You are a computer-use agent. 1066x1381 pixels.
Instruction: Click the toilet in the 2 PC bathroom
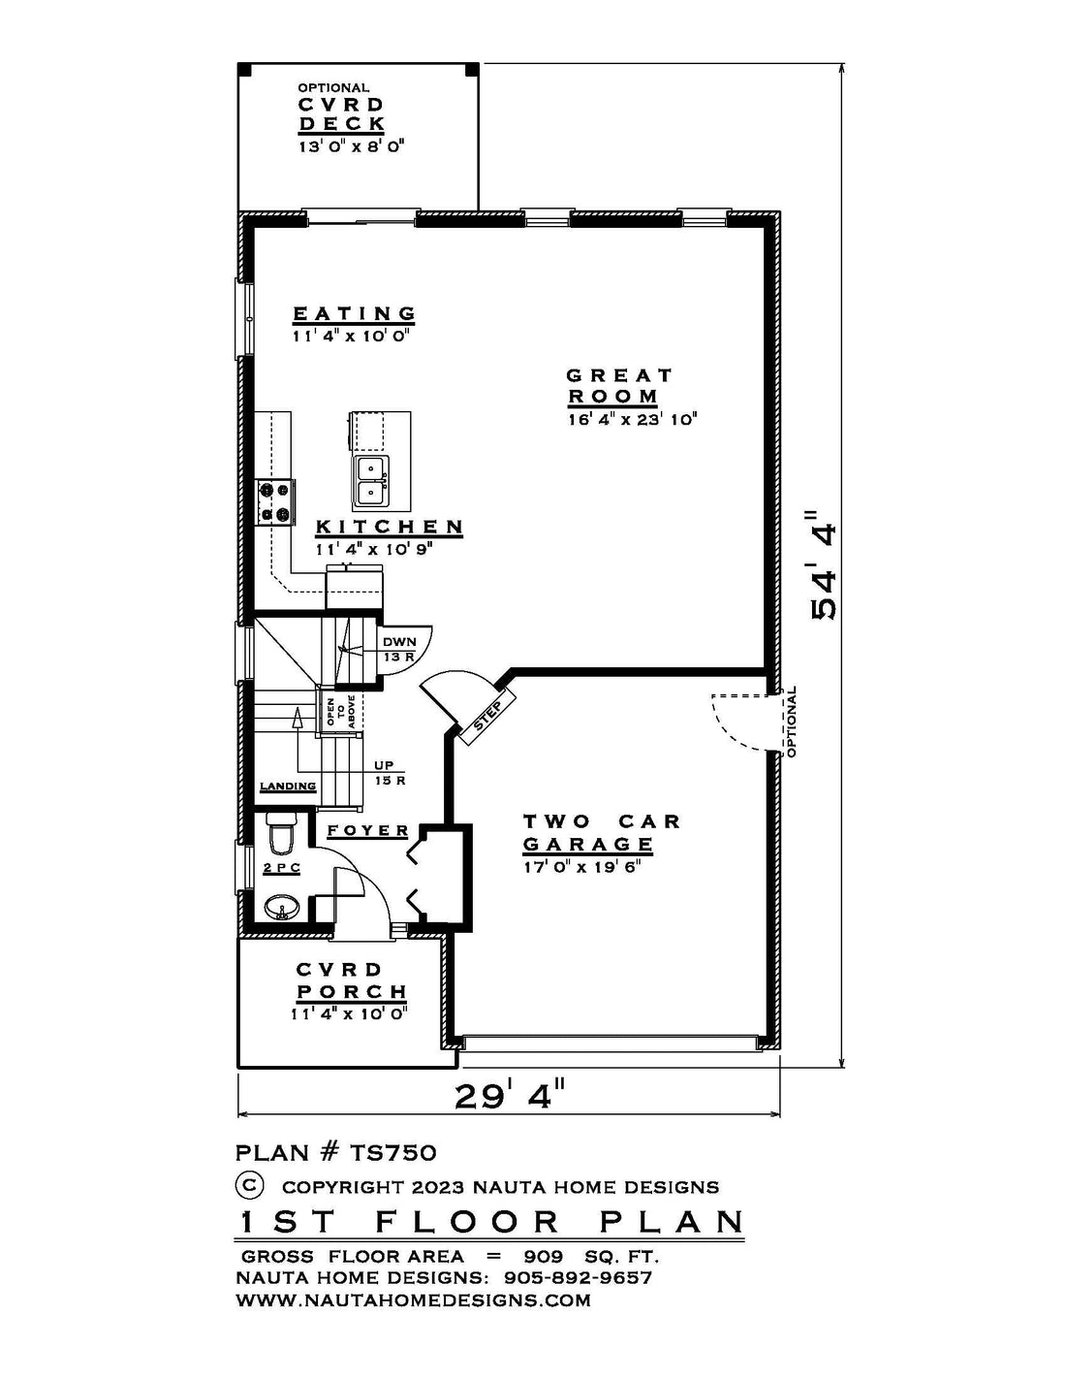point(281,833)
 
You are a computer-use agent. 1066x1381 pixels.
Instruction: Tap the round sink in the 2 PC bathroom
point(281,908)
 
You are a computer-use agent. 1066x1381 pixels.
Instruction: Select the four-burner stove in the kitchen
point(275,502)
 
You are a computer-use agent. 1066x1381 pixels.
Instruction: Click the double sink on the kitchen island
point(371,481)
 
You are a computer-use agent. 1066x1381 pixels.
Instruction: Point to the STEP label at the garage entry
point(488,715)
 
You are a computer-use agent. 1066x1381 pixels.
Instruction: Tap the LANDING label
point(288,787)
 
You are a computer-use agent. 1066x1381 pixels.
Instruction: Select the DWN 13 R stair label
point(398,649)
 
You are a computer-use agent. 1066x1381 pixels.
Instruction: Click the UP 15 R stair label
point(390,773)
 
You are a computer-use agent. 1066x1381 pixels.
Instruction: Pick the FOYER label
point(367,830)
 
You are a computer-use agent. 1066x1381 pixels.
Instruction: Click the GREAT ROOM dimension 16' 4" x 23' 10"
point(633,420)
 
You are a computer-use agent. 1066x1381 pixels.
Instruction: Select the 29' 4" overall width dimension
point(509,1096)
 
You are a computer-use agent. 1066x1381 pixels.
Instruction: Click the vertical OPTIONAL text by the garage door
point(791,722)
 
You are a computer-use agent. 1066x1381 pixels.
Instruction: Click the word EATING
point(354,313)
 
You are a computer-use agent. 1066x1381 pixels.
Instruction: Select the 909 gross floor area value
point(544,1257)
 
